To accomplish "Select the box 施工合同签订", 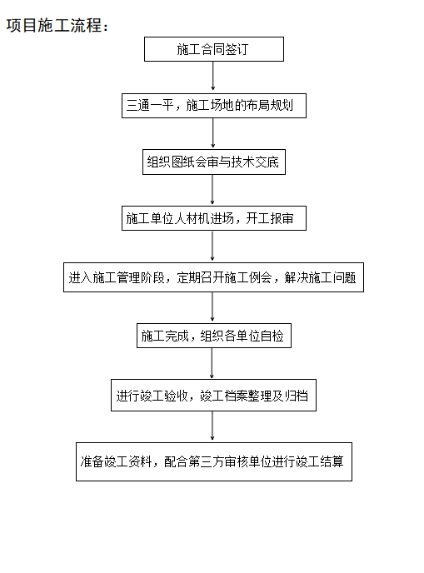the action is point(214,49).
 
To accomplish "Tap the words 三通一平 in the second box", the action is point(149,105).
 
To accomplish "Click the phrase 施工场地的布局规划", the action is point(239,105).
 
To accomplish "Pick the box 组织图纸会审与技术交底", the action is point(214,162).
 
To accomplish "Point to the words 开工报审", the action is point(270,218).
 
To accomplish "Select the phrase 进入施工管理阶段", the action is point(117,277).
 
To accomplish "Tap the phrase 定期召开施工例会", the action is point(224,277).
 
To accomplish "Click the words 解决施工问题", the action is point(320,277).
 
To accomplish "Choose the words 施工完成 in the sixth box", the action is point(164,336).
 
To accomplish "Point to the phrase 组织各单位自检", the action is point(242,336).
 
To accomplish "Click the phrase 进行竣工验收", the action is point(152,396).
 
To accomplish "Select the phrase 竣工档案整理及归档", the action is point(254,396).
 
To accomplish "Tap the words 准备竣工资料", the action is point(117,461).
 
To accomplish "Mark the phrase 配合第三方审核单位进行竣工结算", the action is point(254,461).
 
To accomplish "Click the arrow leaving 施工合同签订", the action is point(213,76).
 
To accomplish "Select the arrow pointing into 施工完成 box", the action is point(212,306).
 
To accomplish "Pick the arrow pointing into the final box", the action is point(212,426).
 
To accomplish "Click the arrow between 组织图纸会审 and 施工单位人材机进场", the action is point(212,189).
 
